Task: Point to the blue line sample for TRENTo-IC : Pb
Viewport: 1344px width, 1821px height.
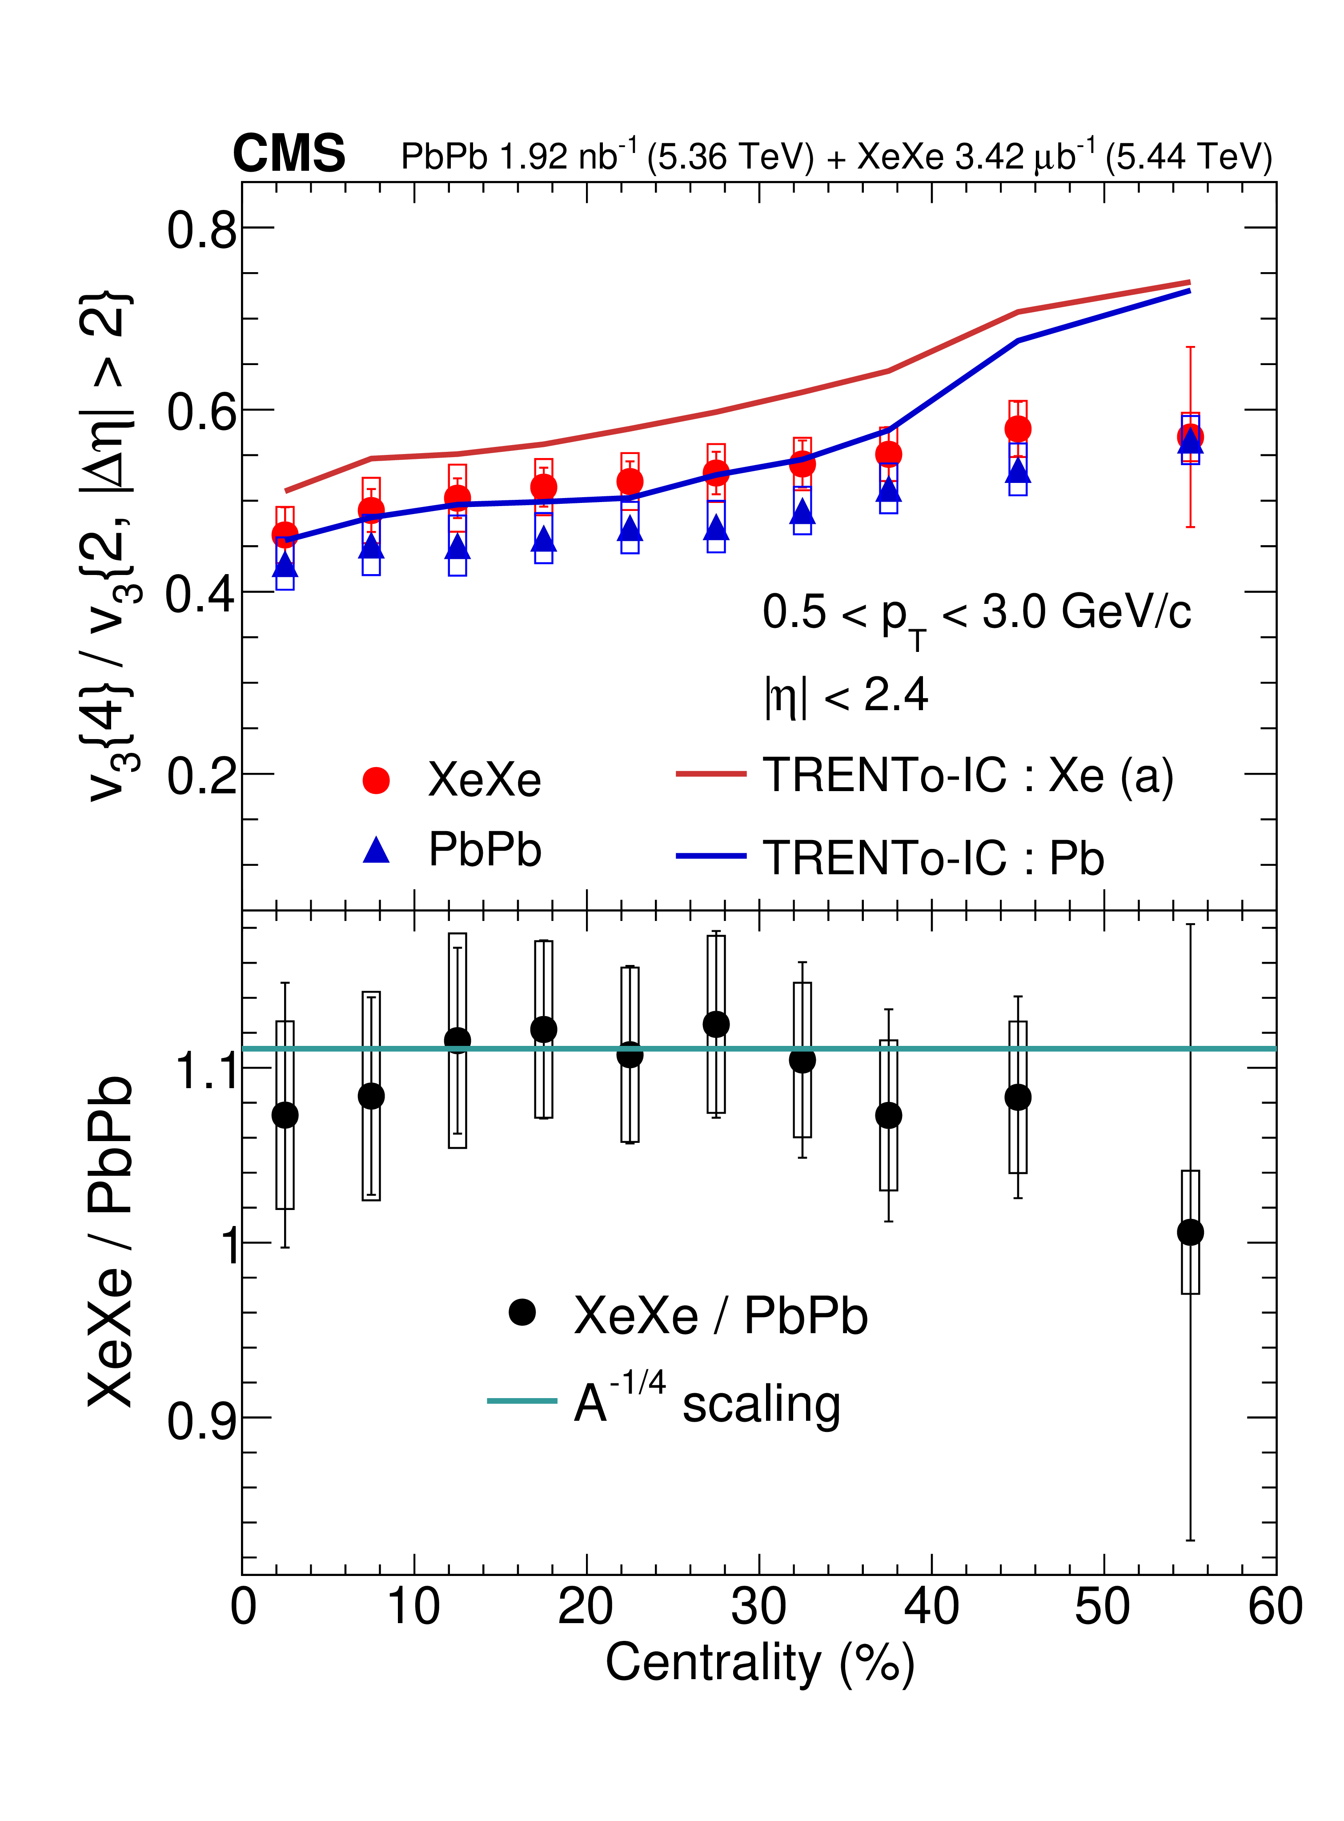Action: (x=710, y=856)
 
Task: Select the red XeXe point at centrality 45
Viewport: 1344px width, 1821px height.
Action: (x=1018, y=429)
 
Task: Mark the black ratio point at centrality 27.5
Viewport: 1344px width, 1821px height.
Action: (x=716, y=1025)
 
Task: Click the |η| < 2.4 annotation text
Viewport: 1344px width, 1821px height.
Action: (x=846, y=696)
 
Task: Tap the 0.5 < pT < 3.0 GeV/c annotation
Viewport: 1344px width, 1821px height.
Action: (x=976, y=614)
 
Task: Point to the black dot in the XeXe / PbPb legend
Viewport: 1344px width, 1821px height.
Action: (x=522, y=1312)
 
